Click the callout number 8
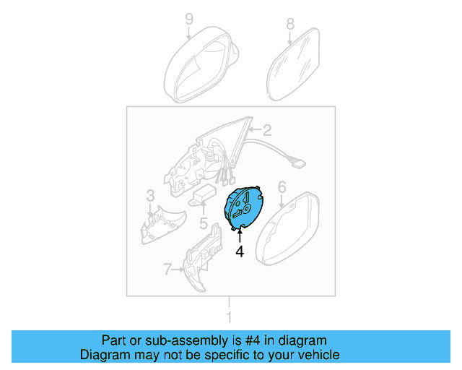(290, 24)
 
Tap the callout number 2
(266, 131)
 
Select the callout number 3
(150, 195)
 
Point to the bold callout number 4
(239, 251)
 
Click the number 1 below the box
(230, 317)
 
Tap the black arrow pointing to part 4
(239, 234)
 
